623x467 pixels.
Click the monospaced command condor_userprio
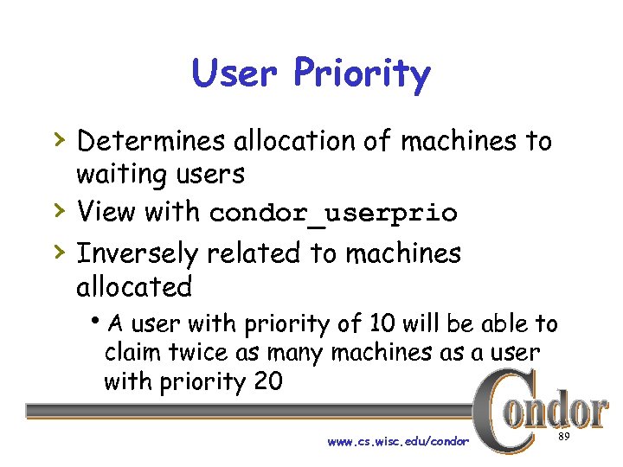(333, 213)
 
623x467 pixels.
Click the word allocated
(134, 285)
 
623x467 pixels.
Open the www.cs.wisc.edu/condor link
(398, 442)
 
